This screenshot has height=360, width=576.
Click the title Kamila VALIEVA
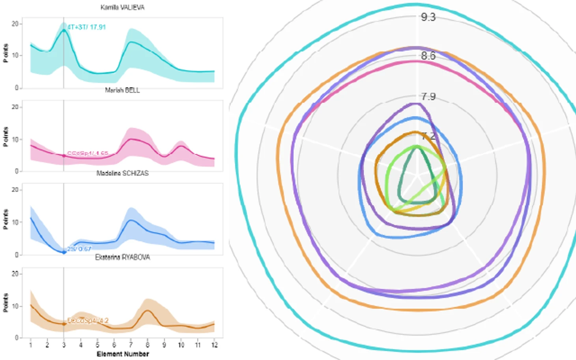pyautogui.click(x=122, y=7)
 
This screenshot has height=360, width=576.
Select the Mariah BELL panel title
pyautogui.click(x=122, y=90)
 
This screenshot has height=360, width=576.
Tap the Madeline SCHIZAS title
pyautogui.click(x=122, y=173)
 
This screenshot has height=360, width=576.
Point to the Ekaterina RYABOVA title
pyautogui.click(x=122, y=257)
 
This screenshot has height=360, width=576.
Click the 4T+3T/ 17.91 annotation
pyautogui.click(x=86, y=27)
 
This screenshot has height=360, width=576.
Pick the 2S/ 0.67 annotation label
pyautogui.click(x=79, y=249)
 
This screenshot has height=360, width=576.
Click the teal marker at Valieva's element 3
pyautogui.click(x=64, y=30)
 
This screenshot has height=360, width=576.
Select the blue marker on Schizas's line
pyautogui.click(x=64, y=252)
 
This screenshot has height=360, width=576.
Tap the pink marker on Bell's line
pyautogui.click(x=64, y=156)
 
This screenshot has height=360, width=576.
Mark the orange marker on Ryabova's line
pyautogui.click(x=64, y=324)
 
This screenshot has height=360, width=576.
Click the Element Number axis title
pyautogui.click(x=123, y=354)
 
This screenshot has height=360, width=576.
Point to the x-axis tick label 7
pyautogui.click(x=131, y=345)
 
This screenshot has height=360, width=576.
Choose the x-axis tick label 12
pyautogui.click(x=214, y=345)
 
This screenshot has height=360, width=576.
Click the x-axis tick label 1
pyautogui.click(x=30, y=345)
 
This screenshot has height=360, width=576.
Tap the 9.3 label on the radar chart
pyautogui.click(x=428, y=17)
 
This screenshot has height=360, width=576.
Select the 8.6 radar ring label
pyautogui.click(x=428, y=56)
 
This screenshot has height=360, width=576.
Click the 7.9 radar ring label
pyautogui.click(x=428, y=97)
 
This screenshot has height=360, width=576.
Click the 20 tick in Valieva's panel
pyautogui.click(x=15, y=24)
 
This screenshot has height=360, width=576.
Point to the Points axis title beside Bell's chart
pyautogui.click(x=6, y=136)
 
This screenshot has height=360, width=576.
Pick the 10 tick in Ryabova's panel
pyautogui.click(x=15, y=306)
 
